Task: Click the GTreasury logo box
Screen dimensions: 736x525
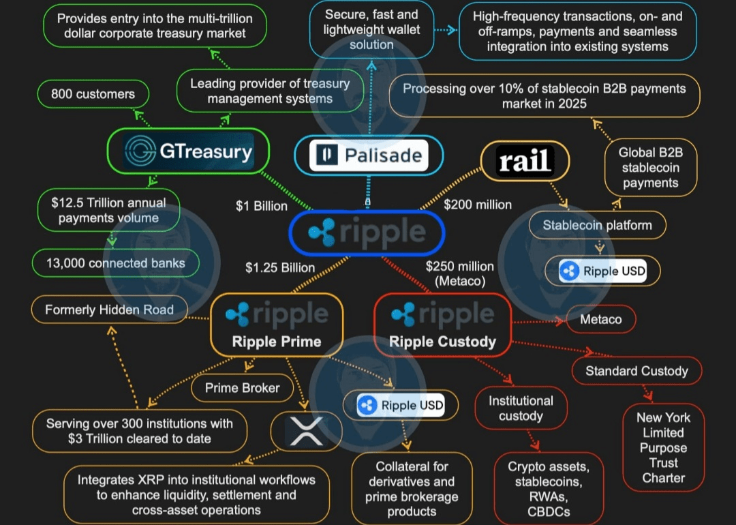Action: pyautogui.click(x=188, y=151)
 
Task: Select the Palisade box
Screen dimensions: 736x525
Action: pyautogui.click(x=369, y=155)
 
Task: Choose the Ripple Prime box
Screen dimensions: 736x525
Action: pyautogui.click(x=277, y=325)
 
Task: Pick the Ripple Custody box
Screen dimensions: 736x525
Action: pyautogui.click(x=442, y=325)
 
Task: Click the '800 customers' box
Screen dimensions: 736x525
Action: pyautogui.click(x=93, y=94)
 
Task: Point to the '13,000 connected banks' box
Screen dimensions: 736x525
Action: pyautogui.click(x=115, y=263)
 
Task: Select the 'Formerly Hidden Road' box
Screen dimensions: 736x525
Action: pyautogui.click(x=109, y=310)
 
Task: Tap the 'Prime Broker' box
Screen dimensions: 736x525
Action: pyautogui.click(x=242, y=388)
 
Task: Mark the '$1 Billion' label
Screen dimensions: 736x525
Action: pyautogui.click(x=262, y=205)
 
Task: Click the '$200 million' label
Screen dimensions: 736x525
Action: pyautogui.click(x=478, y=204)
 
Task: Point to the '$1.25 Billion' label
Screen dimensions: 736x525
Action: pyautogui.click(x=280, y=267)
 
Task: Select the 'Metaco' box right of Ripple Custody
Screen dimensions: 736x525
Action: pyautogui.click(x=600, y=319)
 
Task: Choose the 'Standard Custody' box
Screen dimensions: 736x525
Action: pyautogui.click(x=637, y=371)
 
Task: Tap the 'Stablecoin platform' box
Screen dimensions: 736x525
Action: pyautogui.click(x=597, y=225)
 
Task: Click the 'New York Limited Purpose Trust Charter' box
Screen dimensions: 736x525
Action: pyautogui.click(x=663, y=447)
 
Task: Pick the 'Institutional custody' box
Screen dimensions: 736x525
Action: pyautogui.click(x=521, y=408)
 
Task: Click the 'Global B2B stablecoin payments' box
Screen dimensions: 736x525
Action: pyautogui.click(x=649, y=168)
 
